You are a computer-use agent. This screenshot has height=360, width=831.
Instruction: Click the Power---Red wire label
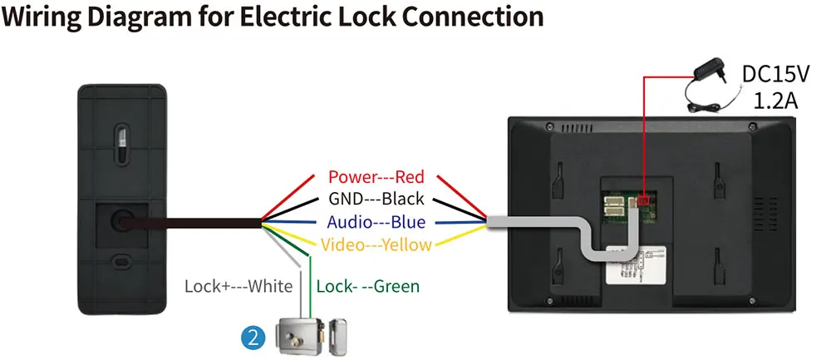click(x=376, y=177)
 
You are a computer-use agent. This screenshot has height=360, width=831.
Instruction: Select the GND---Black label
click(x=376, y=199)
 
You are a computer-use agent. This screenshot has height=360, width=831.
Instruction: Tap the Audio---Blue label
click(x=376, y=222)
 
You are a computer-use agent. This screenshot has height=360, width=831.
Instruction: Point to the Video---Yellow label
click(x=376, y=244)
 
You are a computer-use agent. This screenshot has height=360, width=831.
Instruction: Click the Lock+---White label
click(x=238, y=286)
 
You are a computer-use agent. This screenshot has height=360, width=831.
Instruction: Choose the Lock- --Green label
click(x=368, y=286)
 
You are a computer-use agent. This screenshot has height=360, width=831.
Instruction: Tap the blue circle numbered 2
click(x=253, y=338)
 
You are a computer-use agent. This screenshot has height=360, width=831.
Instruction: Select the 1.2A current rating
click(x=775, y=101)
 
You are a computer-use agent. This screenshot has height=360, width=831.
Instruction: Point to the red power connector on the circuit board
click(x=645, y=200)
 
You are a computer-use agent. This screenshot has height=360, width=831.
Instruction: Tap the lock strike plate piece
click(x=337, y=336)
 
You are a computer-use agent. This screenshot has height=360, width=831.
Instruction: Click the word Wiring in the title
click(x=42, y=17)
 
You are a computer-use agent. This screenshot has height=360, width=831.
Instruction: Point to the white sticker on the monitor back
click(x=635, y=266)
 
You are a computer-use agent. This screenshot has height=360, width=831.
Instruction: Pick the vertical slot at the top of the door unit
click(x=122, y=142)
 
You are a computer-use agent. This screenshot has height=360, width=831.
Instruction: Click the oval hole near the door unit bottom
click(x=122, y=261)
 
